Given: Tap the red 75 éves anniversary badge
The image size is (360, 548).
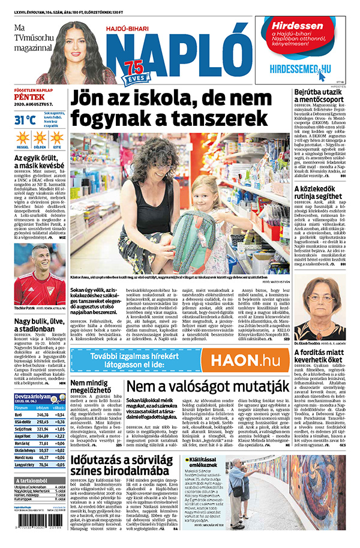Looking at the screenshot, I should (x=134, y=70).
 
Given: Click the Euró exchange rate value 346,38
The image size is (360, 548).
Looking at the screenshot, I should (x=43, y=415).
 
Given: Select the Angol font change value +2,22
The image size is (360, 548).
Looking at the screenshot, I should (x=59, y=436).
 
